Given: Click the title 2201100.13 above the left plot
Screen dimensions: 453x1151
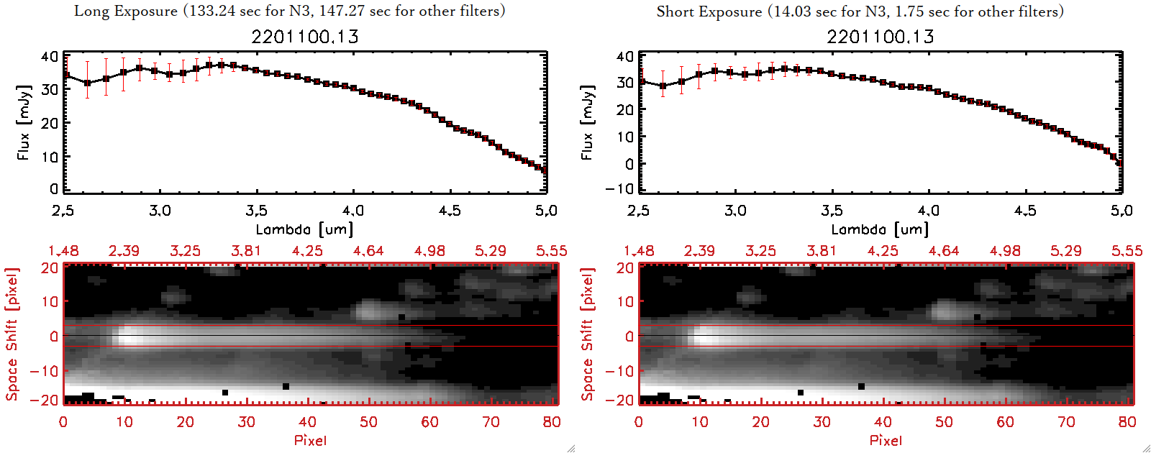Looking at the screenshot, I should [x=304, y=37].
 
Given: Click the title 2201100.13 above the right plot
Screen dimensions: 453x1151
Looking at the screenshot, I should [x=880, y=37].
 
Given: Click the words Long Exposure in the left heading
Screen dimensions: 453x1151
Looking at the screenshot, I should [x=126, y=11].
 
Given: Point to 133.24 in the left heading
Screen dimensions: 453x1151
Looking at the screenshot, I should [x=212, y=11].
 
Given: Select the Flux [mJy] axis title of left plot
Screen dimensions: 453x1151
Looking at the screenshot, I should [x=24, y=122].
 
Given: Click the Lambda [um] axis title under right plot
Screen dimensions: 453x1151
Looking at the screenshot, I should [x=880, y=229].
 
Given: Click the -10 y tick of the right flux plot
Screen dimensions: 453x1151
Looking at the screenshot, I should [x=624, y=189].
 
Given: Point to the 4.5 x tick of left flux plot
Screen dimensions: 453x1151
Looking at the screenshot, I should [x=450, y=211].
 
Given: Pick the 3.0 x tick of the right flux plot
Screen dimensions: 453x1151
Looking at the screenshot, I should [x=735, y=211].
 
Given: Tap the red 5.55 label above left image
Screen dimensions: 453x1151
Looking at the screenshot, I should [x=551, y=251].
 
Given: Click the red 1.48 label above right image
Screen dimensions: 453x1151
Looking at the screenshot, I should [x=639, y=251].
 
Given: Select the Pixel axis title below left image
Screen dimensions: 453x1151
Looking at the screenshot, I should [x=310, y=440].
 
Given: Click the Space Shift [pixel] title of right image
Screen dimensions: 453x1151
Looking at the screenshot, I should [x=588, y=334].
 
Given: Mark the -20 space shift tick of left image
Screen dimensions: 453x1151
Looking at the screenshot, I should [x=49, y=400].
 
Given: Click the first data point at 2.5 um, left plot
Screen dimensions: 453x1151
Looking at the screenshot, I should [x=66, y=75].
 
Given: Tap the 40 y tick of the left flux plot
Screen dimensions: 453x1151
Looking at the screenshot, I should [x=50, y=56].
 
